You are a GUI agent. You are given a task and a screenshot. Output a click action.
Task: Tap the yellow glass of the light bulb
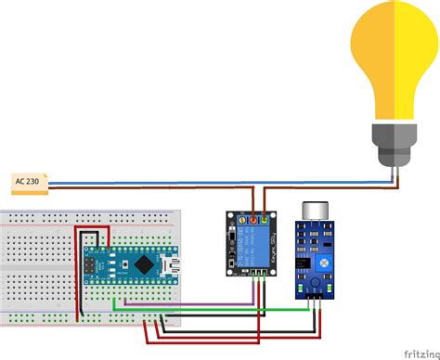[394, 60]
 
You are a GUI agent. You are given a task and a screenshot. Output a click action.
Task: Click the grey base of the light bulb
[394, 139]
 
